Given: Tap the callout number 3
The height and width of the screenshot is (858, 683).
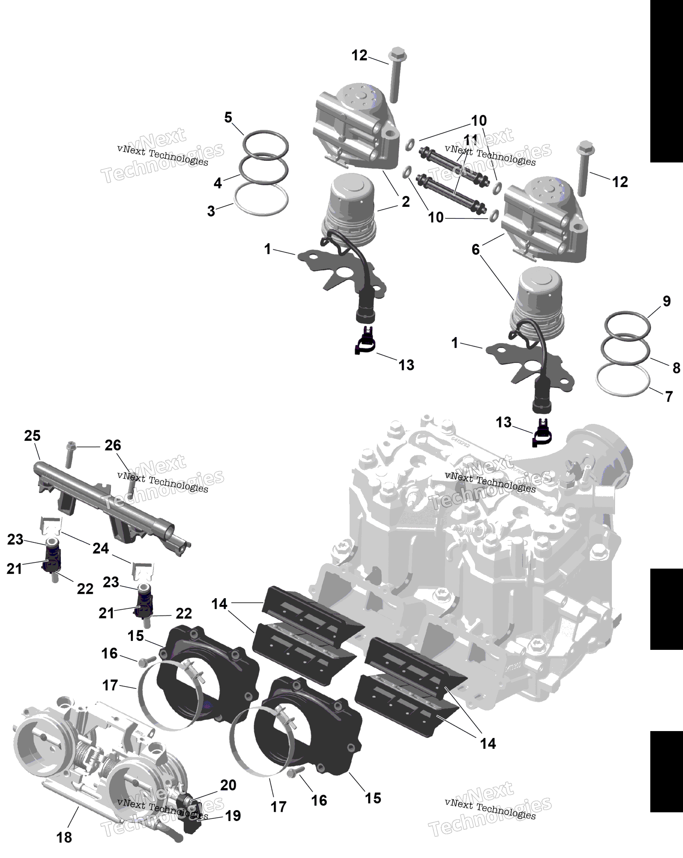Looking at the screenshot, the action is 211,211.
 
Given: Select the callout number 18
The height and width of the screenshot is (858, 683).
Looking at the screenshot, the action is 64,837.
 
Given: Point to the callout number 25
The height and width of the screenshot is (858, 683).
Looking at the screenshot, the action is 32,435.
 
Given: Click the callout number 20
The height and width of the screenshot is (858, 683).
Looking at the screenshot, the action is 228,785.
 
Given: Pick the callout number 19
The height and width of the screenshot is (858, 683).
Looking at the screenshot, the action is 233,815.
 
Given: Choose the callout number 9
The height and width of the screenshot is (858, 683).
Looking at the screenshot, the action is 667,301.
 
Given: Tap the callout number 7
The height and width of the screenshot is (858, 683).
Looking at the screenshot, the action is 669,396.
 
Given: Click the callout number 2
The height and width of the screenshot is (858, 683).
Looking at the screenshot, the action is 405,202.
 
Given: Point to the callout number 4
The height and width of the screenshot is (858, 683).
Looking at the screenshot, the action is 218,183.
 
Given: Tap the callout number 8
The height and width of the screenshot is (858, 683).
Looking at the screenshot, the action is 676,368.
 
